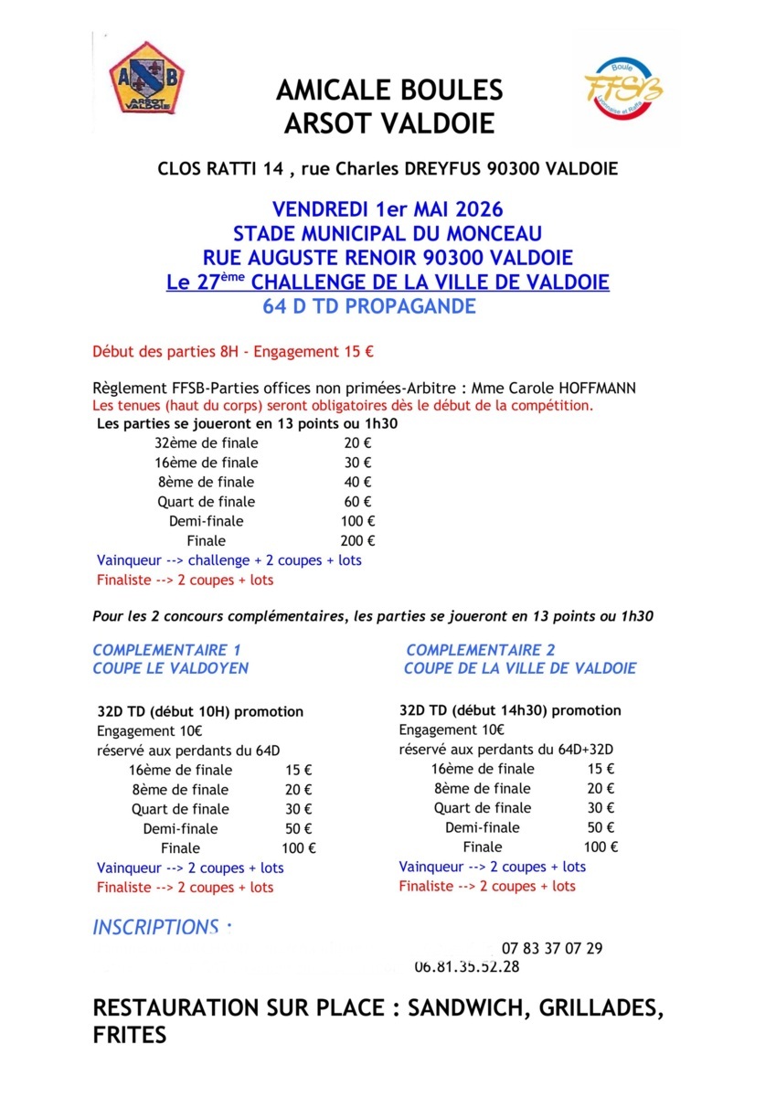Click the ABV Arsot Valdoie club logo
pyautogui.click(x=147, y=77)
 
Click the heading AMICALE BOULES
pyautogui.click(x=389, y=90)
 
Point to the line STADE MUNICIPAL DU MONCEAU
pyautogui.click(x=388, y=233)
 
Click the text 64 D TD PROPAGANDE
pyautogui.click(x=369, y=306)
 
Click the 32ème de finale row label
pyautogui.click(x=206, y=442)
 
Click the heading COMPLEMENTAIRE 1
pyautogui.click(x=166, y=650)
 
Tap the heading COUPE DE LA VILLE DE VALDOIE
pyautogui.click(x=520, y=668)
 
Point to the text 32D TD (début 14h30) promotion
pyautogui.click(x=510, y=710)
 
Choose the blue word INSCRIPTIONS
pyautogui.click(x=155, y=927)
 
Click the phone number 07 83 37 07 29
pyautogui.click(x=551, y=948)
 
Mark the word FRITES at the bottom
pyautogui.click(x=130, y=1036)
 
